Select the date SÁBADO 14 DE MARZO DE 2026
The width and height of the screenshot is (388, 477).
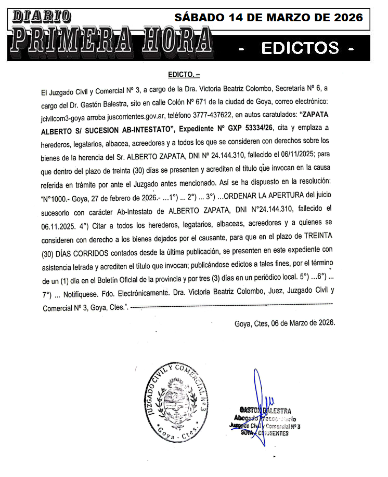(268, 17)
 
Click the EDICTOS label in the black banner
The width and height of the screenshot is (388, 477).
(300, 48)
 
